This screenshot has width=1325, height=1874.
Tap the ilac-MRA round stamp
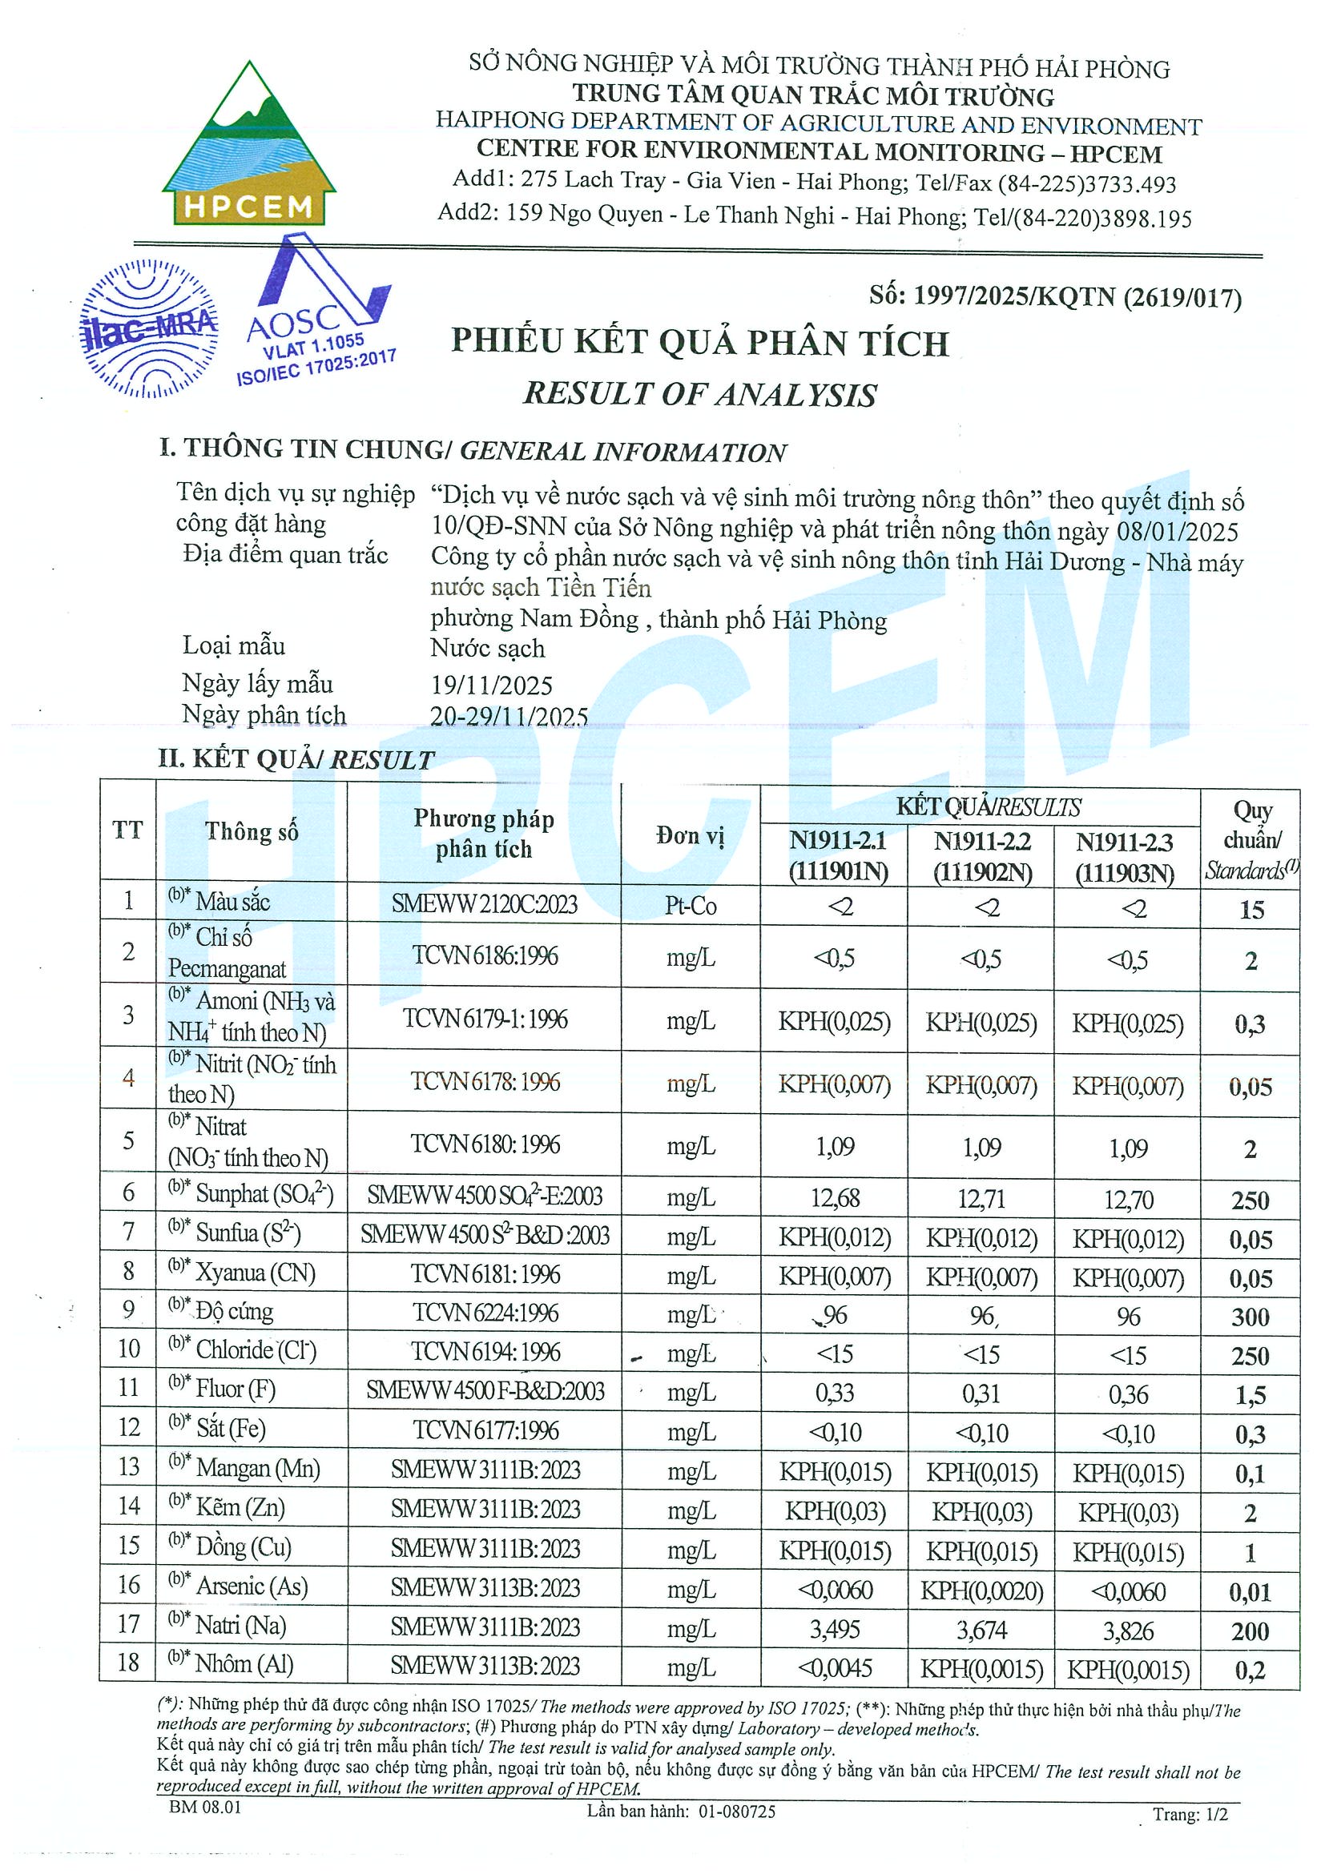[148, 328]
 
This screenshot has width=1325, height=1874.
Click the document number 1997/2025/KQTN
[1056, 297]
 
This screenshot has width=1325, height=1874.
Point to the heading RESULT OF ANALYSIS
[699, 394]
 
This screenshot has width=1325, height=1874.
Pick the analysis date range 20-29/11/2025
[509, 716]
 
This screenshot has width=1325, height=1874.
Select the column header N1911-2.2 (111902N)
[981, 856]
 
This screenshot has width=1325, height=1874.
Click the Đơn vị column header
[690, 835]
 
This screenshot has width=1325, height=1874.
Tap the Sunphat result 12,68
[835, 1198]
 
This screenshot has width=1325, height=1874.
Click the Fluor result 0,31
[981, 1393]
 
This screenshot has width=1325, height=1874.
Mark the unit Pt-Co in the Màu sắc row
[690, 905]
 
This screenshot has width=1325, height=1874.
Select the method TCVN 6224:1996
[485, 1313]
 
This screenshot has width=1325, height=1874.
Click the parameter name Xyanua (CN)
[256, 1273]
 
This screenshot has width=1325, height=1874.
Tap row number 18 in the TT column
[128, 1662]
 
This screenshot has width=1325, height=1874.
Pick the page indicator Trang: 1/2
[1190, 1814]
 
